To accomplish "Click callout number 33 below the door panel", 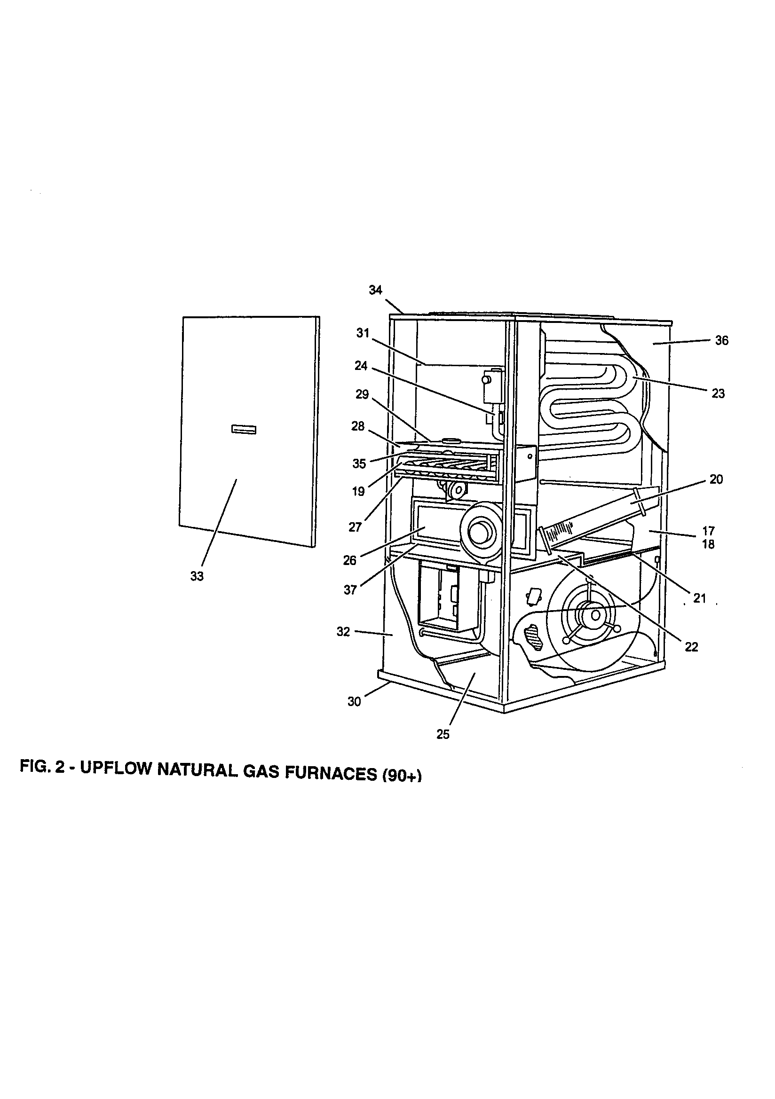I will click(x=197, y=576).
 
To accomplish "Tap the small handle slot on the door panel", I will click(x=244, y=429).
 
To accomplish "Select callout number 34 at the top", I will click(x=376, y=290).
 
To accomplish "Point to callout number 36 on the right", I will click(x=721, y=340).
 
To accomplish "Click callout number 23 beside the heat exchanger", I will click(x=718, y=393).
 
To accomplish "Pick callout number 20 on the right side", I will click(x=716, y=479).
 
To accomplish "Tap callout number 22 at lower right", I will click(x=691, y=647).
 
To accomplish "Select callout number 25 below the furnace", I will click(x=443, y=734).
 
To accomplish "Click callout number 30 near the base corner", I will click(x=354, y=702).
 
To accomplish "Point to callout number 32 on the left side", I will click(x=343, y=632).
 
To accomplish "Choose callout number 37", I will click(x=350, y=590).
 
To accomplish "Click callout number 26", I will click(x=350, y=560).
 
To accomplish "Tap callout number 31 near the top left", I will click(x=363, y=333).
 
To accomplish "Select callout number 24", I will click(x=361, y=366).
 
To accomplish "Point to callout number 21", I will click(x=699, y=598).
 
